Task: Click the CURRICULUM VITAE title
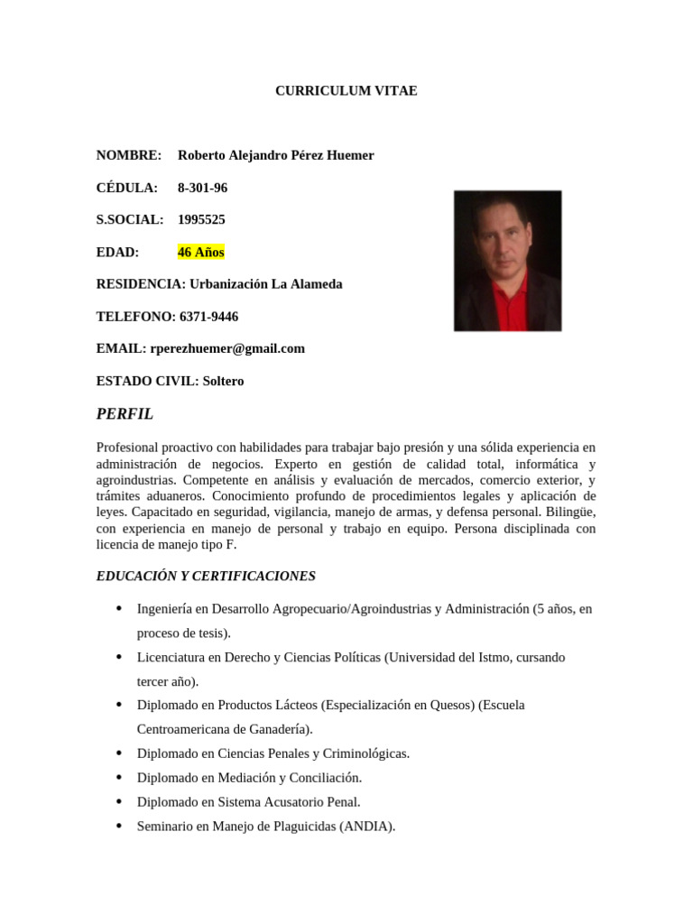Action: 346,91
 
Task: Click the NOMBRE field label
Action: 128,155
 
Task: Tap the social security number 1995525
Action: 201,219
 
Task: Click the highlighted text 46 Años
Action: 200,252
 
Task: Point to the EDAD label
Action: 117,252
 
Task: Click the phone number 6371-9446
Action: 208,317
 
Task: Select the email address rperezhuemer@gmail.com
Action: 227,348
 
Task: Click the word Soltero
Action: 223,381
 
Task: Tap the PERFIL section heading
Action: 125,414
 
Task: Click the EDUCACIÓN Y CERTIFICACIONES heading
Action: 206,576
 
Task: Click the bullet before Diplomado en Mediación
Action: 118,777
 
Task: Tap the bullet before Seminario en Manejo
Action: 118,826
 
